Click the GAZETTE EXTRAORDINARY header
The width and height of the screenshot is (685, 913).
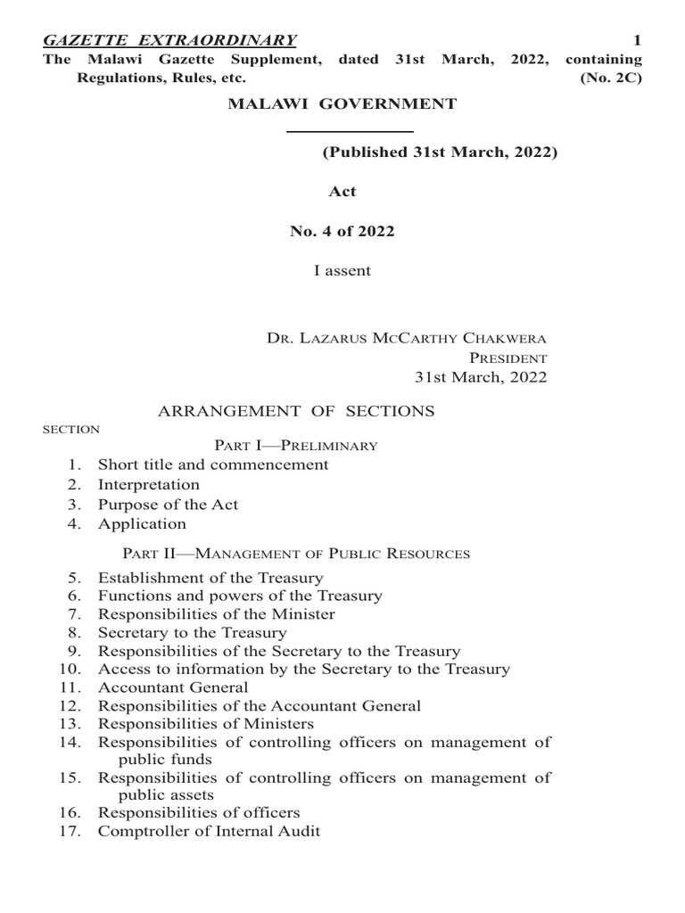pos(169,40)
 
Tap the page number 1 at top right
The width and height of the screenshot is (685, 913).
pos(637,40)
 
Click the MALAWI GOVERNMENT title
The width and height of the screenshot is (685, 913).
pos(342,104)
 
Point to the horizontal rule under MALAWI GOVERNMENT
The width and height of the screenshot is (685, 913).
pos(350,131)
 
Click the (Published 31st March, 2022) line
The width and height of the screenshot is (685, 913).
pos(439,152)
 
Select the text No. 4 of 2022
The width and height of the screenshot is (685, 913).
pos(342,231)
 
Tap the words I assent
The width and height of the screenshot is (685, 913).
pos(342,271)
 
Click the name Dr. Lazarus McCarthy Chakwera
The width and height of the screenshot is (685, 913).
pos(407,338)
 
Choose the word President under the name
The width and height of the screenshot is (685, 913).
pos(508,358)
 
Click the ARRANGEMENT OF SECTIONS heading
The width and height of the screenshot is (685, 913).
pos(296,411)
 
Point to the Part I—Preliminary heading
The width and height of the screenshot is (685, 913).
pos(296,445)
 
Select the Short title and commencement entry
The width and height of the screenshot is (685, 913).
pos(213,465)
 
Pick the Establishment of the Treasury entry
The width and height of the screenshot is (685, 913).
pos(210,578)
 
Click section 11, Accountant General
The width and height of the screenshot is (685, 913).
pos(173,687)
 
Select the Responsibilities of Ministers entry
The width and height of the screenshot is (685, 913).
pos(206,724)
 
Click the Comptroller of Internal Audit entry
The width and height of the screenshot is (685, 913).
pos(209,832)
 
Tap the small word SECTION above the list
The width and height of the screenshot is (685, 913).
pos(71,430)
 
